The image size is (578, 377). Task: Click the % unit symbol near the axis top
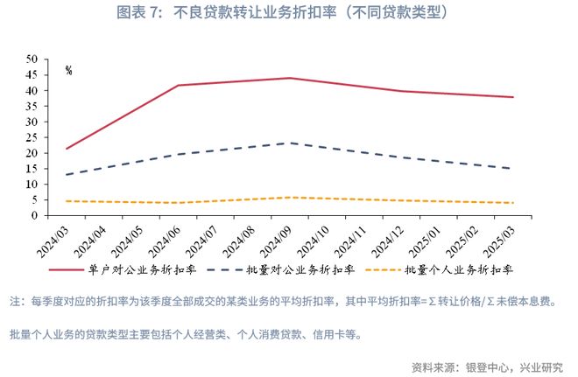(68, 70)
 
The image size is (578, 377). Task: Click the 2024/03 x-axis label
(53, 235)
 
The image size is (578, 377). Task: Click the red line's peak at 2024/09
(289, 78)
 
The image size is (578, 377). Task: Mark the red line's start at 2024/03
(66, 149)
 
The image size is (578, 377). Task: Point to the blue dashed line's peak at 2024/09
(289, 143)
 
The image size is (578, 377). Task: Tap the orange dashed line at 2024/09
(289, 198)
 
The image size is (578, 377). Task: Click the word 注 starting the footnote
(15, 302)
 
